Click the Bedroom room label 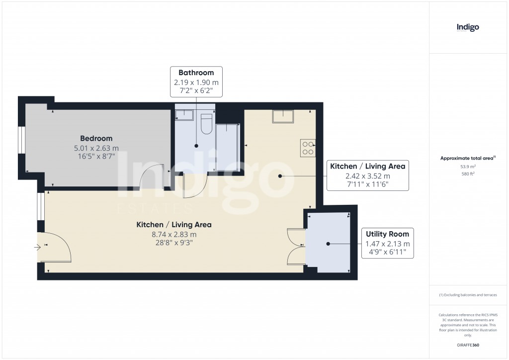96,138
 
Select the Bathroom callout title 196,73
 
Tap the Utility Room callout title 387,234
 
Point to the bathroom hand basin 184,115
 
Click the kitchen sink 282,116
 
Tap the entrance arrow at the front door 40,246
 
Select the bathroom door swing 193,186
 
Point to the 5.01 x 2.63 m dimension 96,148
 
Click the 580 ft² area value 468,174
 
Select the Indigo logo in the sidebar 468,28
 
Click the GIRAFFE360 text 468,345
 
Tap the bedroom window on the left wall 22,140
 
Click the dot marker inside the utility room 328,244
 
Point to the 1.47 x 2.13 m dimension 387,244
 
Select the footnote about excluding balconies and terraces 468,295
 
